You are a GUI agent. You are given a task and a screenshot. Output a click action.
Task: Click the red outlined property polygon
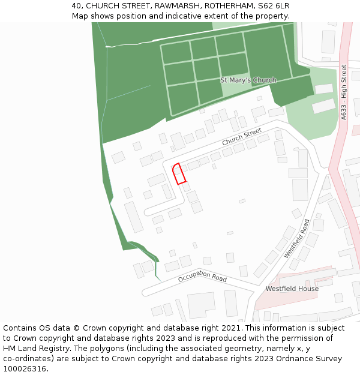(x=179, y=173)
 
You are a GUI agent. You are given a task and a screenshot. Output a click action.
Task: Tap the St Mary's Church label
(x=248, y=80)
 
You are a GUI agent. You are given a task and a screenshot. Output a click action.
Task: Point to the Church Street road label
(x=242, y=137)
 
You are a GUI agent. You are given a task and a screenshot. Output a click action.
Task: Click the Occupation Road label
(x=202, y=277)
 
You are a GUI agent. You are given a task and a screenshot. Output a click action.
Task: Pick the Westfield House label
(x=292, y=289)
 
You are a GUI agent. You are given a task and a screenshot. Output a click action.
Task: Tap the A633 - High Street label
(x=344, y=92)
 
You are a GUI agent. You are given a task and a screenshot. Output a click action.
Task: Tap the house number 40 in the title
(x=76, y=6)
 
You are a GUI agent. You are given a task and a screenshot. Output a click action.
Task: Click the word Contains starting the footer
(x=21, y=328)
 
